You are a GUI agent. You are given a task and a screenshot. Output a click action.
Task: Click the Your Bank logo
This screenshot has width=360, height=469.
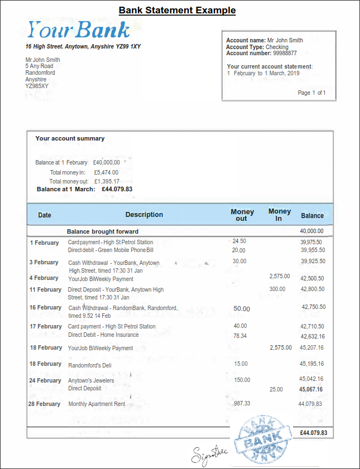click(x=79, y=29)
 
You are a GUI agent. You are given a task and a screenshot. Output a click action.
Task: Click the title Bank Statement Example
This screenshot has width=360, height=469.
click(x=177, y=10)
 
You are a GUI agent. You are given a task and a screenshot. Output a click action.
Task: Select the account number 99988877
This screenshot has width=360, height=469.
click(x=285, y=54)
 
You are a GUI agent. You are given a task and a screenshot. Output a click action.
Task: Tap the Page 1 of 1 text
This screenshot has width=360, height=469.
click(x=311, y=93)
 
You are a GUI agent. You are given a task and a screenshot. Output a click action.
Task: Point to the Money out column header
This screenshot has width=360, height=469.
click(x=242, y=215)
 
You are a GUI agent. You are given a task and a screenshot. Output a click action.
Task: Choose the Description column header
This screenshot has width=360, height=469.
click(x=144, y=215)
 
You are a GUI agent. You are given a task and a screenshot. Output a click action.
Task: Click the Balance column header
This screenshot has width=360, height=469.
click(x=312, y=215)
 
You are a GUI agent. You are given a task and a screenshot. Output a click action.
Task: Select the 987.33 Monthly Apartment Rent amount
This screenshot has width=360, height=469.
click(x=242, y=403)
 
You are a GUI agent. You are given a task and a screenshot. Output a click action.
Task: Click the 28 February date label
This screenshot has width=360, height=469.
click(x=45, y=404)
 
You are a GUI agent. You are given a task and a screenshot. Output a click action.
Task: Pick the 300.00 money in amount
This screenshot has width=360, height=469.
click(x=277, y=289)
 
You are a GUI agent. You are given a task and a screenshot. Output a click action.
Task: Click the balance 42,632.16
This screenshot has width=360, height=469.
click(x=313, y=336)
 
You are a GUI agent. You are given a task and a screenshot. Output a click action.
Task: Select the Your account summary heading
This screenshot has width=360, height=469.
click(x=70, y=138)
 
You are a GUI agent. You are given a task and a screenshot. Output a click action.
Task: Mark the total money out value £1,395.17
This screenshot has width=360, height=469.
click(x=107, y=181)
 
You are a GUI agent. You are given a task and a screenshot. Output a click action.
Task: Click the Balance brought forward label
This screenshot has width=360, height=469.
click(x=103, y=231)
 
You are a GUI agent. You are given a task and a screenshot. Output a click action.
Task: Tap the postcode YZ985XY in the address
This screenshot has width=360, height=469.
click(x=37, y=86)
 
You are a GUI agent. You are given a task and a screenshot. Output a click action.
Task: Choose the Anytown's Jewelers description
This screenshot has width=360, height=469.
click(x=91, y=381)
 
